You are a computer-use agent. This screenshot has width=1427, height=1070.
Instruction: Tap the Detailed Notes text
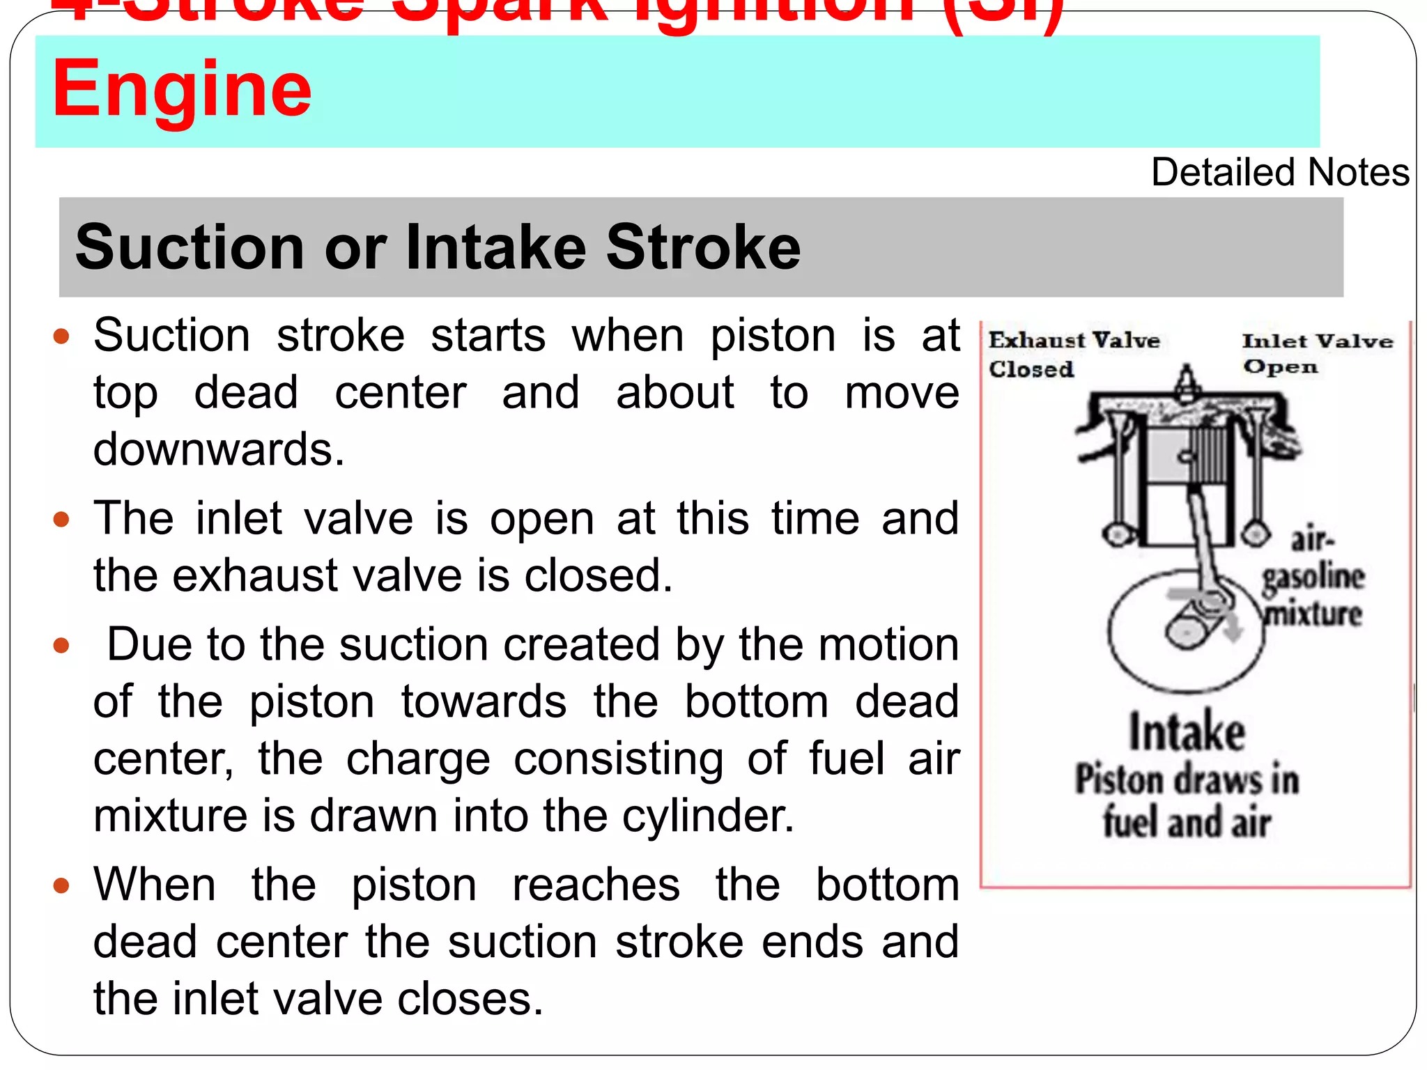(1279, 172)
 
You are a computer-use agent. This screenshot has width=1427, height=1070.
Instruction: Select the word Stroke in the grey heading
(703, 247)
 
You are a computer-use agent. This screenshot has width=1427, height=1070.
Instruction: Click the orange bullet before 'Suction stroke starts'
(62, 337)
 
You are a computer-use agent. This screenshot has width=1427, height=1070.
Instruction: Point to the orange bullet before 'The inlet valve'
(62, 520)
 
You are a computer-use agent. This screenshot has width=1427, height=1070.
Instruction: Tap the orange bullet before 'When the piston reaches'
(62, 886)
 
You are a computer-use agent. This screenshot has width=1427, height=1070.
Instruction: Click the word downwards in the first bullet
(219, 449)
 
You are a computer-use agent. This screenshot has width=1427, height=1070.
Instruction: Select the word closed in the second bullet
(598, 576)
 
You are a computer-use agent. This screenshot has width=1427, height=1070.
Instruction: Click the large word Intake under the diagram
(1187, 732)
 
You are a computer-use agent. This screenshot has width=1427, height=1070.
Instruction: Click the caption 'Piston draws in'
(1187, 780)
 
